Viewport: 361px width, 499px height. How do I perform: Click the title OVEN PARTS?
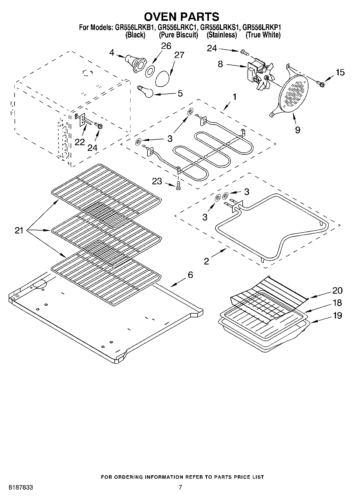pos(181,17)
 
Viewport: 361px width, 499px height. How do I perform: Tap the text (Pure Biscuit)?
pos(178,35)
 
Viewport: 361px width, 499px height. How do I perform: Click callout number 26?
pos(166,46)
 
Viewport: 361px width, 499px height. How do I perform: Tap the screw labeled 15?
pos(321,83)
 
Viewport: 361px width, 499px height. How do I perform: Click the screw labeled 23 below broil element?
pos(178,186)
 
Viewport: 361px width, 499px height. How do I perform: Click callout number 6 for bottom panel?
pos(190,275)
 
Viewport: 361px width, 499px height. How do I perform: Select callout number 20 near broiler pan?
pos(337,290)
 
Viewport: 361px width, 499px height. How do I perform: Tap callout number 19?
pos(337,315)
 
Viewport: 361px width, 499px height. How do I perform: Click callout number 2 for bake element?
pos(206,261)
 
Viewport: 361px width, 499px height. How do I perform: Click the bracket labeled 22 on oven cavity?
pos(81,120)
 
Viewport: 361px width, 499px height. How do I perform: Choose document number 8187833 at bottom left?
pos(21,487)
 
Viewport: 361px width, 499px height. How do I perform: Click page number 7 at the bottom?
pos(180,487)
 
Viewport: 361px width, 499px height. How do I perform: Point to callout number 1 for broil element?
pos(234,97)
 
